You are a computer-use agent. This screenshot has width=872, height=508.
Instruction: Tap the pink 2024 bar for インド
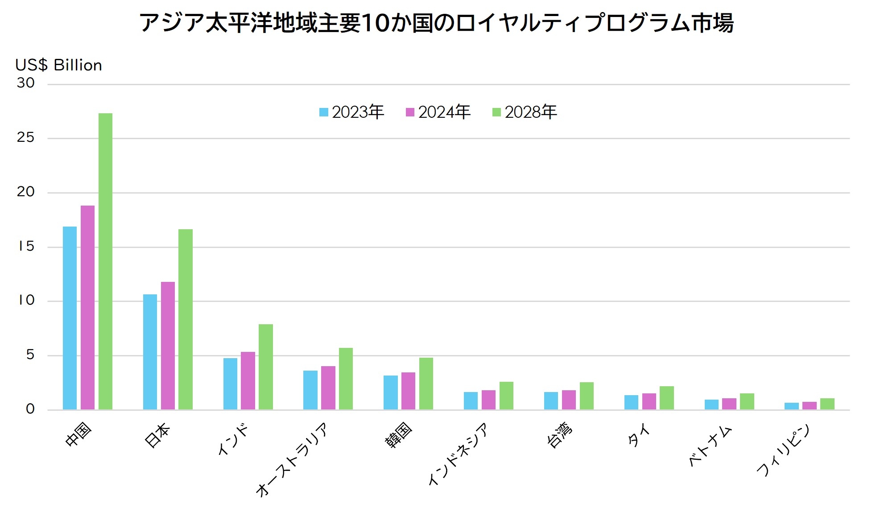coord(248,380)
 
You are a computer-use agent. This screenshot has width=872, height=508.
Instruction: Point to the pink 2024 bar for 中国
coord(87,307)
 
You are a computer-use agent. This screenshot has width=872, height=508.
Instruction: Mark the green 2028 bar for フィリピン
coord(827,404)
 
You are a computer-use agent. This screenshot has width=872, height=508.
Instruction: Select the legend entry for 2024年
coord(438,112)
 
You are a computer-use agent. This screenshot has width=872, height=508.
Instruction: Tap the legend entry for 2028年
coord(525,112)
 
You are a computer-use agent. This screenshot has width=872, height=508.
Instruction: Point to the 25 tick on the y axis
coord(25,137)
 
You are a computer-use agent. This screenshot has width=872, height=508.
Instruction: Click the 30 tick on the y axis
coord(25,83)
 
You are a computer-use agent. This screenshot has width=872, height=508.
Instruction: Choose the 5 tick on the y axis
coord(30,355)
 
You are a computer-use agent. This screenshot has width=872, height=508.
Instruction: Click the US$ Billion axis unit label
coord(58,65)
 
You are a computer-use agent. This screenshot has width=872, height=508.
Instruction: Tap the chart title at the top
coord(436,23)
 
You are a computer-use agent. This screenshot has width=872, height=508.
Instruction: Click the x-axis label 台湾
coord(559,435)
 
